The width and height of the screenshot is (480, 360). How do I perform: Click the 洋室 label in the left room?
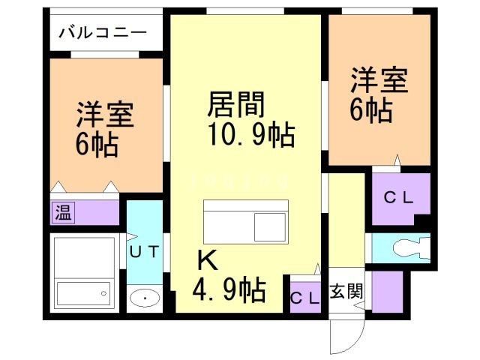point(104,115)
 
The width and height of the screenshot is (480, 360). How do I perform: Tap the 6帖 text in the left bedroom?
point(96,145)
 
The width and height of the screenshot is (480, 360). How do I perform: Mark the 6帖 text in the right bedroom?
point(371,110)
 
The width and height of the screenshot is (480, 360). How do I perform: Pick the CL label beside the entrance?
point(305,296)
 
